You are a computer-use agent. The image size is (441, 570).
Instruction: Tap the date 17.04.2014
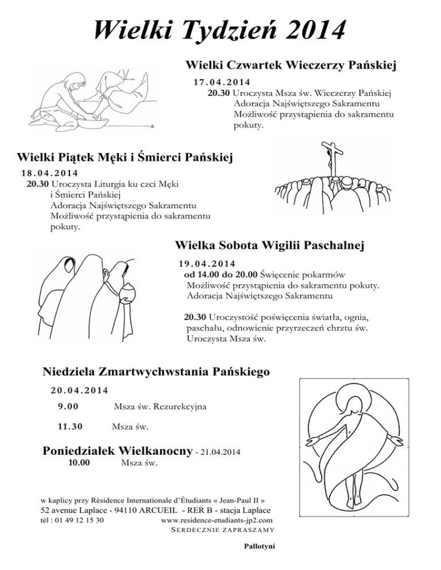[225, 82]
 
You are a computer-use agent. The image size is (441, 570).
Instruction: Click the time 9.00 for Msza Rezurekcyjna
[68, 407]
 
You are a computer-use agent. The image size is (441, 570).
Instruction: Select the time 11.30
[70, 426]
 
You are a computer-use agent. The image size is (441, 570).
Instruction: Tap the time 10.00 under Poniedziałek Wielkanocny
[78, 463]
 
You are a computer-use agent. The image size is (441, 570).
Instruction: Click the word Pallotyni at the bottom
[260, 546]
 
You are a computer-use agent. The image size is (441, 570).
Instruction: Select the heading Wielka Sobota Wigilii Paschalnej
[270, 246]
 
